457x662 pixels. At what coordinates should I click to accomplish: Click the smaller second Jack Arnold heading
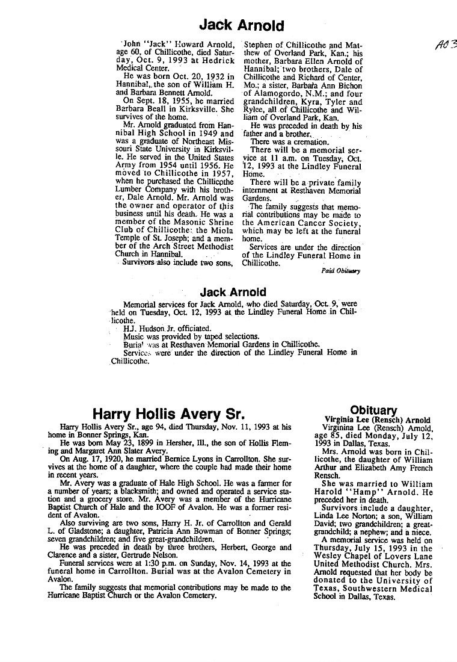(233, 292)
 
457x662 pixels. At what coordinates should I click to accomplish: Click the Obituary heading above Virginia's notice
(373, 410)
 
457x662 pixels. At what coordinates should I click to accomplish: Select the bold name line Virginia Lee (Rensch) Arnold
(377, 420)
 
